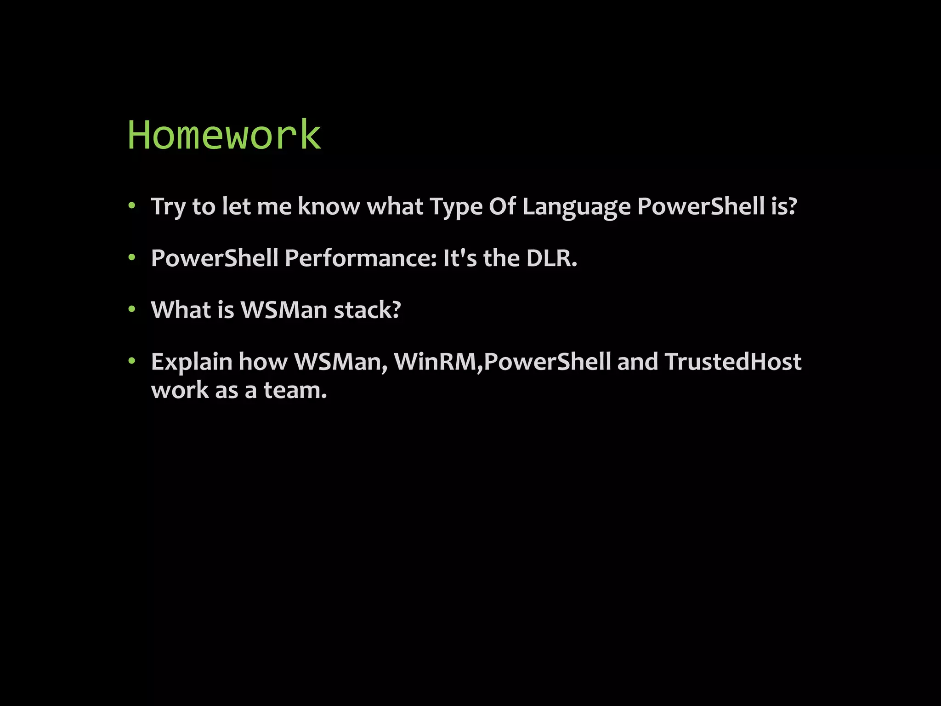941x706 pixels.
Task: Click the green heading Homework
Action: pos(224,135)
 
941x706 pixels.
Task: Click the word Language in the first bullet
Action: pos(576,206)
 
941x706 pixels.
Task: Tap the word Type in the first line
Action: pos(456,206)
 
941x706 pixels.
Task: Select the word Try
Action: pos(168,206)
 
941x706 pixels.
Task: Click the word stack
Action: pos(367,310)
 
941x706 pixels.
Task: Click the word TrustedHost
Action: pos(733,362)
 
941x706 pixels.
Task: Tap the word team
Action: pos(295,390)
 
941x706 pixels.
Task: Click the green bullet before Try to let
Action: pos(132,206)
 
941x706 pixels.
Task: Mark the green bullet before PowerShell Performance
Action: pos(132,258)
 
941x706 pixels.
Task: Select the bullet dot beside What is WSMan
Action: pos(132,309)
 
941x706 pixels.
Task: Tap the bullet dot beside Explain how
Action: pos(132,361)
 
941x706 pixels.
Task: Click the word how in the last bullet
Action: pos(263,362)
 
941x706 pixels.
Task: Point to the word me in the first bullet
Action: pos(274,206)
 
